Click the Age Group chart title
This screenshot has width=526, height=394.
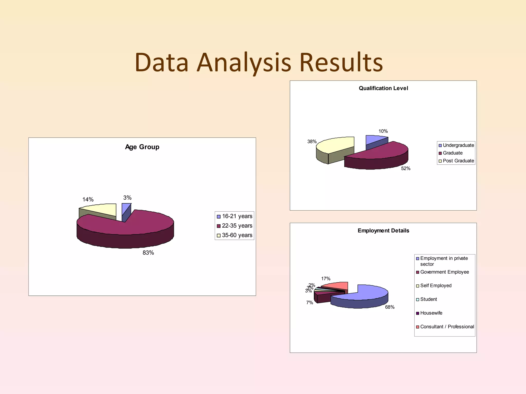(142, 147)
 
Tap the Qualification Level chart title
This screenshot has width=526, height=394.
(383, 88)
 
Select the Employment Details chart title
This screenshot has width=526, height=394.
(383, 231)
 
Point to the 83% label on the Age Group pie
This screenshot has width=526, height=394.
(148, 253)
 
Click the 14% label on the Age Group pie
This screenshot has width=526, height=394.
(88, 200)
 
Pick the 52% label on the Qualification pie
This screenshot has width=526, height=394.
(406, 169)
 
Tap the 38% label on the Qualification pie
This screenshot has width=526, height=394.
(312, 142)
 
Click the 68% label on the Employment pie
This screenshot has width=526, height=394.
(390, 307)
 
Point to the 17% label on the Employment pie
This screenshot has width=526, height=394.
(326, 279)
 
